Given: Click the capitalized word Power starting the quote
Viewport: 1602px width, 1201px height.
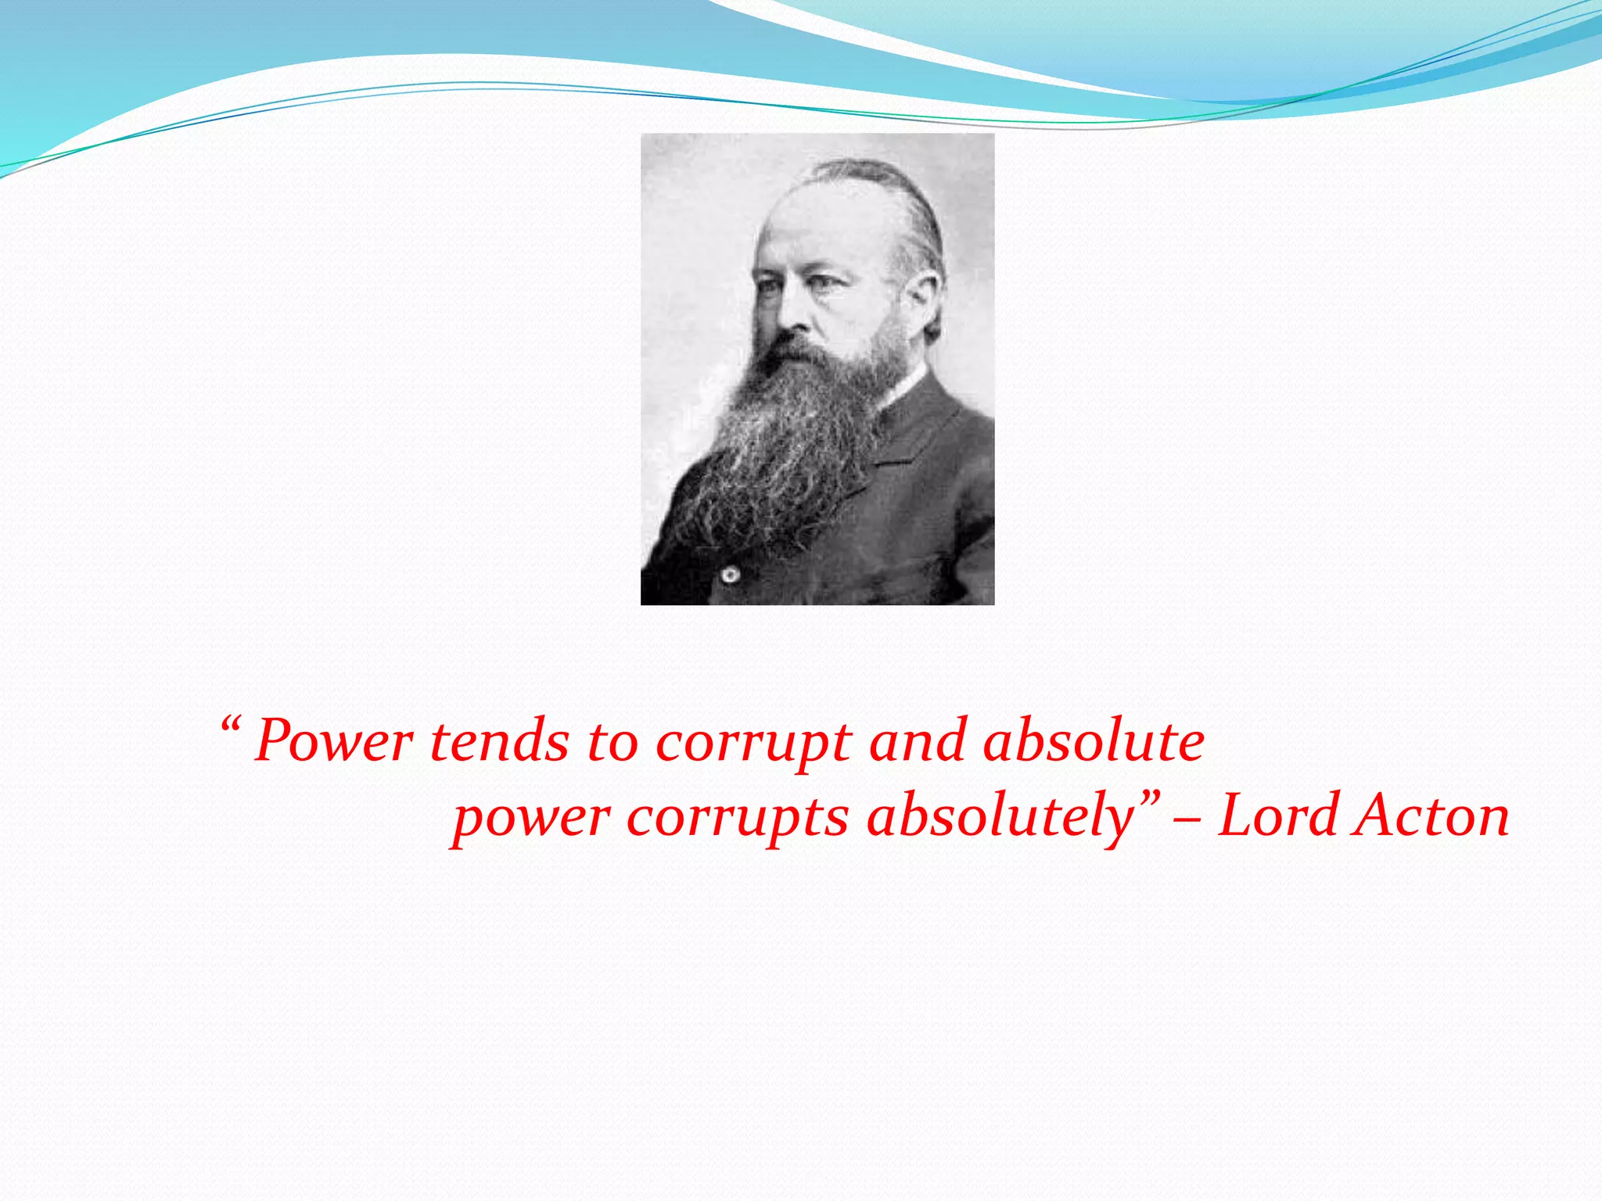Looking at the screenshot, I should (x=334, y=741).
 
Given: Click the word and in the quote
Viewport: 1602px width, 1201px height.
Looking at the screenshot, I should (x=917, y=741).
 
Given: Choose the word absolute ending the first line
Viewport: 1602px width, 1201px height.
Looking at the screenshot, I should (x=1094, y=741).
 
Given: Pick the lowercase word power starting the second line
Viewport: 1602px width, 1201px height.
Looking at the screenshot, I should (x=531, y=818).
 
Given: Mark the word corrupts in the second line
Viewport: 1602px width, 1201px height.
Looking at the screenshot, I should (x=737, y=818).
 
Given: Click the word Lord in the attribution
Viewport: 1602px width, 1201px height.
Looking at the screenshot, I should (x=1278, y=816).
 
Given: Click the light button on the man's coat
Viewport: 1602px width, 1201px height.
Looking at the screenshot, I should (x=731, y=575).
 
